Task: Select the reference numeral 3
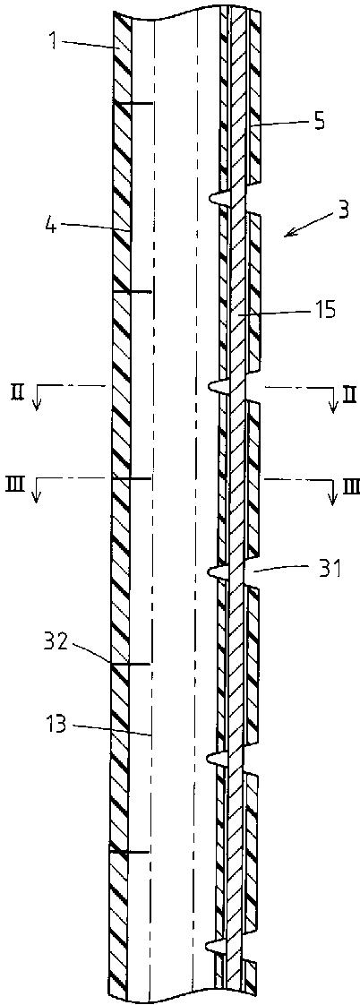tap(344, 212)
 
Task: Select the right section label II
tap(347, 391)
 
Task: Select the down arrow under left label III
tap(37, 493)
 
